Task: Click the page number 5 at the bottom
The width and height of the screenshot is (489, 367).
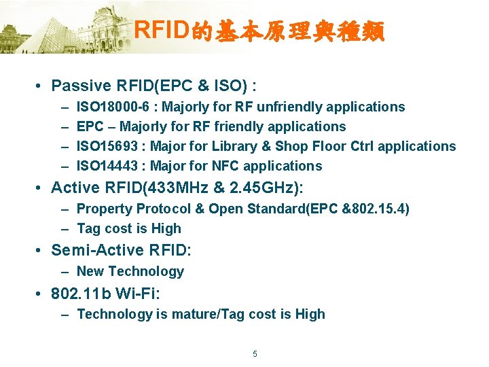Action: (x=255, y=354)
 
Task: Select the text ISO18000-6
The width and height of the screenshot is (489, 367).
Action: (x=113, y=107)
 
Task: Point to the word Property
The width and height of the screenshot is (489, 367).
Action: (x=105, y=209)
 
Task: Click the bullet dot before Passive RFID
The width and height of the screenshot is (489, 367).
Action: (x=41, y=86)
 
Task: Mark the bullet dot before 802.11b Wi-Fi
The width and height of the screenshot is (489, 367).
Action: (x=41, y=294)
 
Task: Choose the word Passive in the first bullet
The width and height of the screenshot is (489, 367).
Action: (x=81, y=86)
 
